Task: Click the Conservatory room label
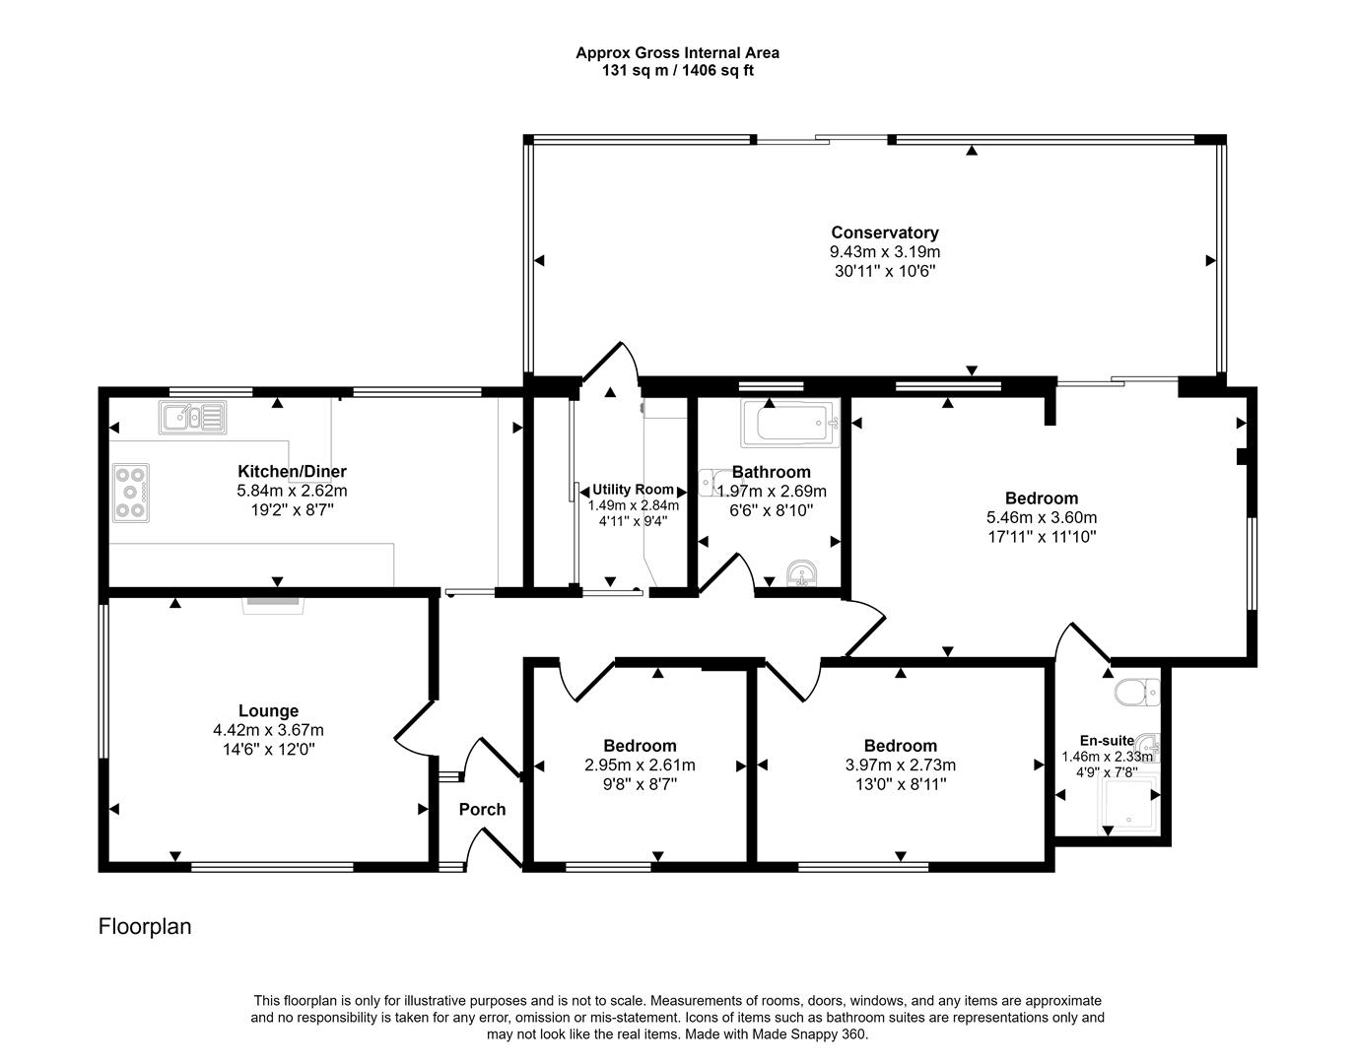click(x=884, y=233)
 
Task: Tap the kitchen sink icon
click(x=192, y=417)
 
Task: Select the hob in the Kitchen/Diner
click(x=130, y=492)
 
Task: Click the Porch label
click(x=482, y=809)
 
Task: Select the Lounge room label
click(x=268, y=710)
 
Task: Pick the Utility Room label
click(x=633, y=490)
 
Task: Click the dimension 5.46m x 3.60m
click(x=1041, y=517)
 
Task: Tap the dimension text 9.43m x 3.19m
click(x=884, y=251)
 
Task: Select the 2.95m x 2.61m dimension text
click(x=640, y=765)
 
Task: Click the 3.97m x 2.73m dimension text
click(x=900, y=765)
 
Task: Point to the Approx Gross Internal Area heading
click(x=677, y=53)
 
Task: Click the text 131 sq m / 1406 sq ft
click(x=677, y=71)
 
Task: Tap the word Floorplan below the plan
click(x=145, y=926)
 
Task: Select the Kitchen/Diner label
click(x=292, y=471)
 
